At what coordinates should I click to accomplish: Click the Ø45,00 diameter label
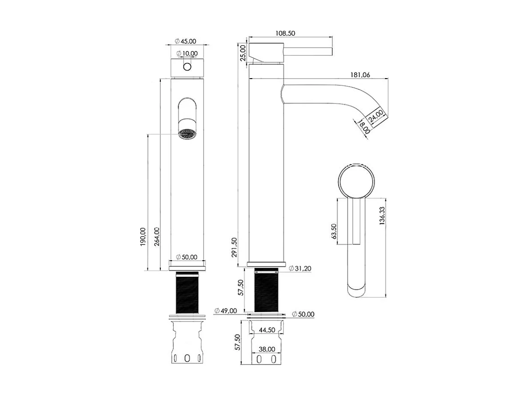(x=186, y=41)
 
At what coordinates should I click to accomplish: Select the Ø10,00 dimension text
(x=187, y=53)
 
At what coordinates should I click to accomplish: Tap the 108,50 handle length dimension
(x=286, y=33)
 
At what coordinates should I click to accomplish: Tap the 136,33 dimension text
(x=382, y=218)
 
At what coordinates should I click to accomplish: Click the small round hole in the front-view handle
(x=187, y=67)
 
